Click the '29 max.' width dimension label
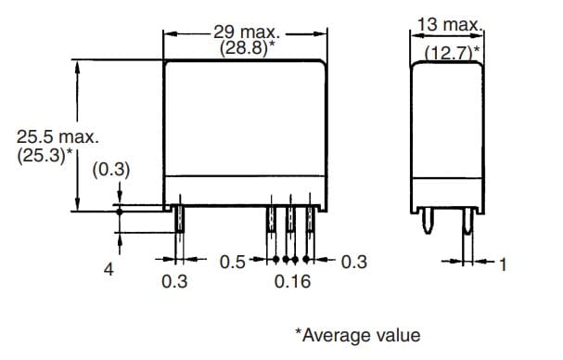pyautogui.click(x=247, y=32)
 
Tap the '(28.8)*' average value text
pyautogui.click(x=248, y=48)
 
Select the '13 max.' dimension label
pyautogui.click(x=450, y=24)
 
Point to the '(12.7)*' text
pyautogui.click(x=452, y=53)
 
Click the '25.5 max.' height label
pyautogui.click(x=58, y=137)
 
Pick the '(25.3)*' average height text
pyautogui.click(x=45, y=156)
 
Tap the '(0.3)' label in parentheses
pyautogui.click(x=111, y=170)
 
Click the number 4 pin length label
pyautogui.click(x=109, y=269)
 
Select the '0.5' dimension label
pyautogui.click(x=232, y=263)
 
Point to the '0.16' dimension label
pyautogui.click(x=292, y=281)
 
